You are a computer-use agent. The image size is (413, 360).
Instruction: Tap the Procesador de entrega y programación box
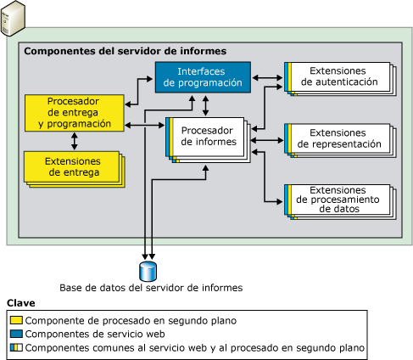coord(74,111)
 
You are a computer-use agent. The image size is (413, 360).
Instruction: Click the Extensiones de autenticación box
coord(338,77)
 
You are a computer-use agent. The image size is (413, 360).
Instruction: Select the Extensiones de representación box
coord(338,138)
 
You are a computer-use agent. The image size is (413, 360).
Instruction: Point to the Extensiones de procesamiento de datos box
coord(338,200)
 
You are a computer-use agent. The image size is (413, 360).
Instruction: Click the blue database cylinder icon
coord(150,270)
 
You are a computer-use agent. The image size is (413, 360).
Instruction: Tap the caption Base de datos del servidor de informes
coord(151,288)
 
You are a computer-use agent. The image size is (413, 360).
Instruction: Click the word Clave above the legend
coord(21,303)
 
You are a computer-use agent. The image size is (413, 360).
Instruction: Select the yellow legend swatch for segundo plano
coord(16,320)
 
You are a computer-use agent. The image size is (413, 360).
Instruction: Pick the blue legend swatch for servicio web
coord(16,334)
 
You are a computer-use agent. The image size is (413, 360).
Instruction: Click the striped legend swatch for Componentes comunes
coord(16,347)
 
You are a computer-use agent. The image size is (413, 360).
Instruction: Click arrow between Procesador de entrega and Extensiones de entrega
coord(75,140)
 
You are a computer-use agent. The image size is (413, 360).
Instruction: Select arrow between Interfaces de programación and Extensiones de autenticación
coord(267,77)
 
